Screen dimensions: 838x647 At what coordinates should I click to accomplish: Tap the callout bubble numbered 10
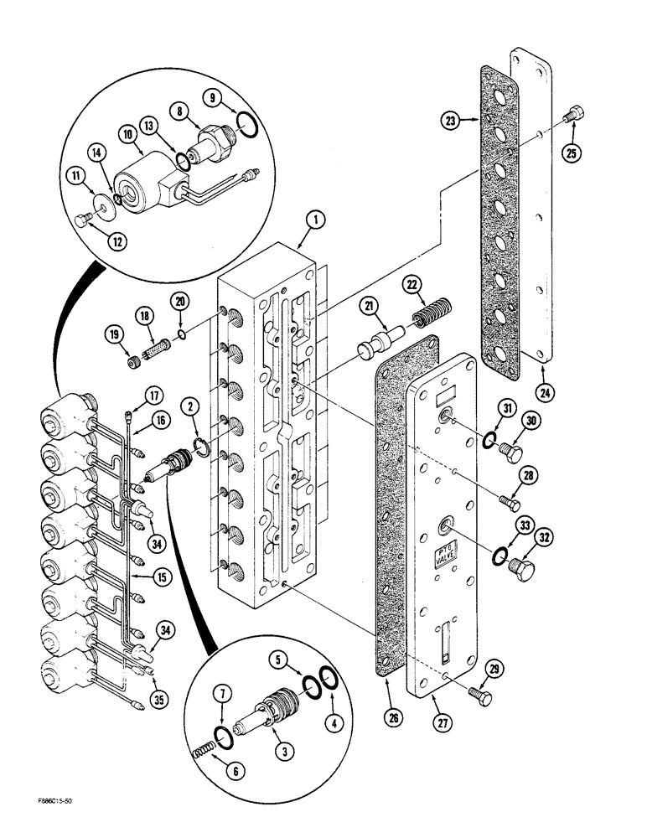point(130,134)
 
